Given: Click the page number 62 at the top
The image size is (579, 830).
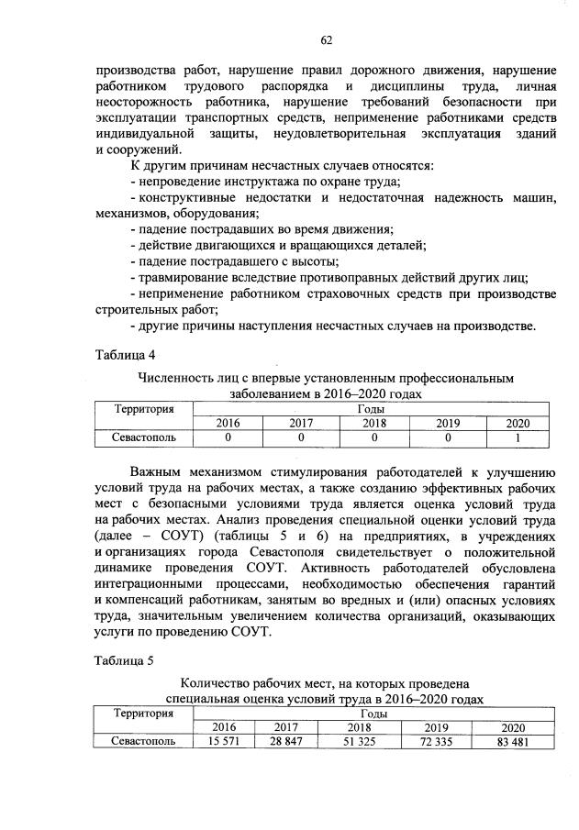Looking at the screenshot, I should point(326,39).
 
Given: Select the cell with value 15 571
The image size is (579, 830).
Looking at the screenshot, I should point(224,742).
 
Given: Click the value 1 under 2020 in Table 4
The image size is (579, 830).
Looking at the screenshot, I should point(518,437).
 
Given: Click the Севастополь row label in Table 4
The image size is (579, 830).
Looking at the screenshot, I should point(143,437).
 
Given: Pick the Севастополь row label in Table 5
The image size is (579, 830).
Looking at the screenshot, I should point(143,742).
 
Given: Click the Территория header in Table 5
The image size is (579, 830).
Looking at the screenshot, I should point(143,713).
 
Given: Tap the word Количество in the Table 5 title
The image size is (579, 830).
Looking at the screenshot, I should point(217,683).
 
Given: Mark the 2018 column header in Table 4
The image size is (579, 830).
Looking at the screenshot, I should point(373,423).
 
